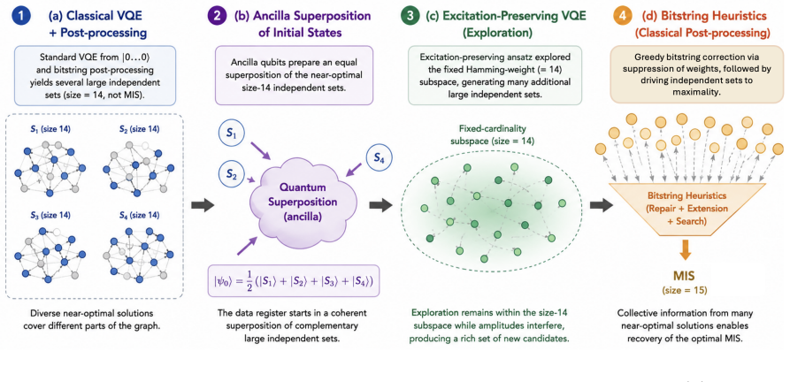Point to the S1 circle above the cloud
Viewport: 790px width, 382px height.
pos(230,135)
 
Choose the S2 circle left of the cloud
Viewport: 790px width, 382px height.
pos(231,176)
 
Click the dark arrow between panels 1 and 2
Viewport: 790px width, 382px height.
pos(203,205)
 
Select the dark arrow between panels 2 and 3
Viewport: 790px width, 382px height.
pos(381,205)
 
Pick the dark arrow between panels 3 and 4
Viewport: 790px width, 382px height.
pos(601,205)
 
